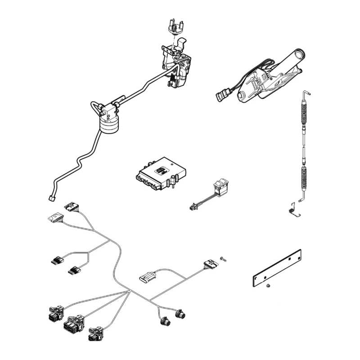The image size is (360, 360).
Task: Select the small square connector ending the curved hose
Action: [x=51, y=197]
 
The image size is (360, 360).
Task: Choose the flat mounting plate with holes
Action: [x=276, y=268]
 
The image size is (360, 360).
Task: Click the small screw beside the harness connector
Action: [x=223, y=258]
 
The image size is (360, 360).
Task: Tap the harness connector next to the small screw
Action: [x=210, y=263]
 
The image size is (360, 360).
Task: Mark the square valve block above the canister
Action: [x=108, y=110]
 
